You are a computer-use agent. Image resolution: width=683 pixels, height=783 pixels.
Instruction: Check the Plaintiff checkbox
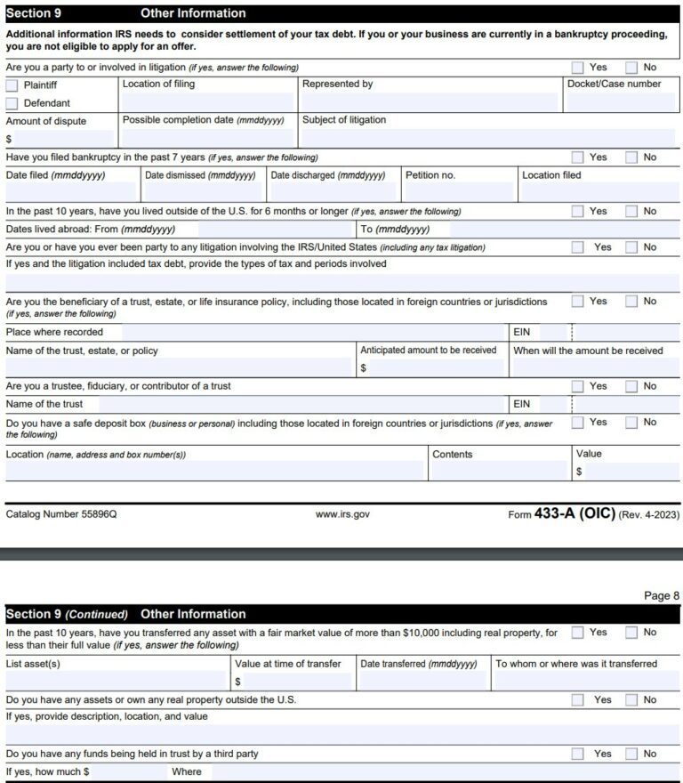pyautogui.click(x=12, y=85)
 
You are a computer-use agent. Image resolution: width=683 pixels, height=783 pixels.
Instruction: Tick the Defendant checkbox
pyautogui.click(x=12, y=103)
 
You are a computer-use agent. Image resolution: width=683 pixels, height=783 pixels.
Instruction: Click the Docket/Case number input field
pyautogui.click(x=621, y=102)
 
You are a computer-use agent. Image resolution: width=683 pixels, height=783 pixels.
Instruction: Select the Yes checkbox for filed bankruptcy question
pyautogui.click(x=578, y=157)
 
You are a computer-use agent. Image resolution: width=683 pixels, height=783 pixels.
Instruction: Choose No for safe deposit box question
pyautogui.click(x=631, y=423)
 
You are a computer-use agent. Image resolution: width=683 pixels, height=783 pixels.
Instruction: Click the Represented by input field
pyautogui.click(x=429, y=102)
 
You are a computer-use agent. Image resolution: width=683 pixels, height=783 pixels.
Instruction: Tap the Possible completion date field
pyautogui.click(x=206, y=138)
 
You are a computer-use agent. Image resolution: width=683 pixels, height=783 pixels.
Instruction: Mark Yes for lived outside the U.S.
pyautogui.click(x=578, y=212)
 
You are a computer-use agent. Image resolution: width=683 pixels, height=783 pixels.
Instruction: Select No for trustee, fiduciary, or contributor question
pyautogui.click(x=631, y=386)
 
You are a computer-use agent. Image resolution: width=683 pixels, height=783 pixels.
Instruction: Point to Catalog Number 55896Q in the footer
pyautogui.click(x=61, y=514)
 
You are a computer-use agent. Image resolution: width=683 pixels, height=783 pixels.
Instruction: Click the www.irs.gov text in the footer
pyautogui.click(x=342, y=514)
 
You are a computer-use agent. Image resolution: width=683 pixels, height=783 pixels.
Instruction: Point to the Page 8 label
pyautogui.click(x=662, y=595)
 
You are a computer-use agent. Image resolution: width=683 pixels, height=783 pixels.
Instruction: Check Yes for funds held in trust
pyautogui.click(x=578, y=754)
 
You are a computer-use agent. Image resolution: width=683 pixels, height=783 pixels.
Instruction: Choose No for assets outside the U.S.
pyautogui.click(x=631, y=700)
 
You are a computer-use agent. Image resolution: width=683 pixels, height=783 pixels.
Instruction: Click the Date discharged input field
pyautogui.click(x=333, y=192)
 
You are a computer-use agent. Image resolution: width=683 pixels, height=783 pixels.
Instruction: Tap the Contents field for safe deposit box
pyautogui.click(x=499, y=471)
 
